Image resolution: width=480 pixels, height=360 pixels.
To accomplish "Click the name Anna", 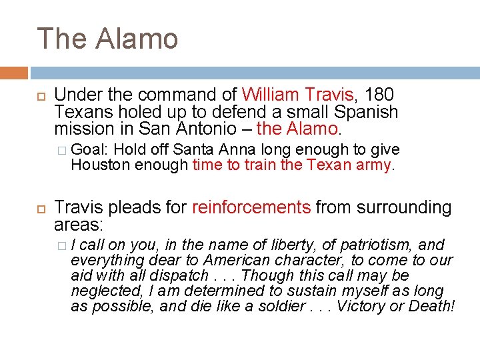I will point(241,149).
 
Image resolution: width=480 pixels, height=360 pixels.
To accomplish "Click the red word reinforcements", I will point(251,207).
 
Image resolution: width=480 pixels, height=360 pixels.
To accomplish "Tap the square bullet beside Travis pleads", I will point(41,209).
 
